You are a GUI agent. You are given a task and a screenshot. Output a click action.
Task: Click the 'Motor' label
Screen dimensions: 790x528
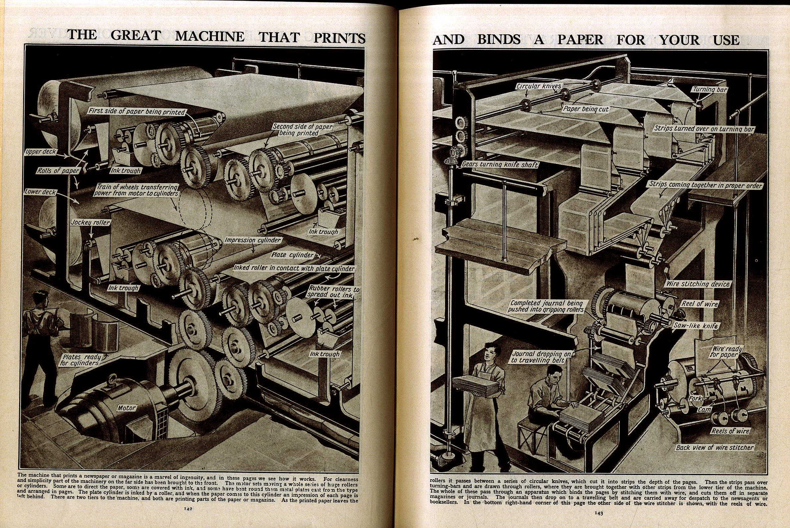click(126, 408)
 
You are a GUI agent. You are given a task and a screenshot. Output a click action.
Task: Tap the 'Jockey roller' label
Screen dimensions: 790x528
click(90, 222)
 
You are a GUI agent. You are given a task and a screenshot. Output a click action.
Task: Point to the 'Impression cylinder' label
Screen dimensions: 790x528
click(253, 240)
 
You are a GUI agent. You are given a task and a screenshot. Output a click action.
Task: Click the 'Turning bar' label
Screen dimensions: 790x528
click(710, 90)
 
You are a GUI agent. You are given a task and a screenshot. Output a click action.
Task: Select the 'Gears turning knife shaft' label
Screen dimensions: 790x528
click(500, 165)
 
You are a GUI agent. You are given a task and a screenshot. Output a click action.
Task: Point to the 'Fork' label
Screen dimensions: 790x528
click(695, 398)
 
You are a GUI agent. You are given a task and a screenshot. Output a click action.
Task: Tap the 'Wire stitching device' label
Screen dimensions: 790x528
click(698, 284)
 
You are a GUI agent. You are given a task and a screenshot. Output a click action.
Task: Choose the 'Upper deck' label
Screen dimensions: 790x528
click(41, 152)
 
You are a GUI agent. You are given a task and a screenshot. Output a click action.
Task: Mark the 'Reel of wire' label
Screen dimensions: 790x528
click(700, 304)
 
